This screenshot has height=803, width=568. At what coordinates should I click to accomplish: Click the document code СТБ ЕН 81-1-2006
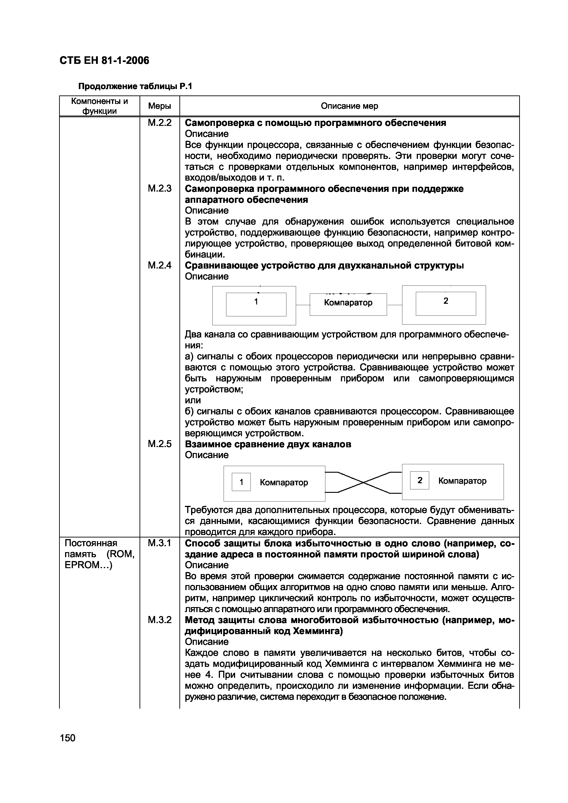pyautogui.click(x=104, y=60)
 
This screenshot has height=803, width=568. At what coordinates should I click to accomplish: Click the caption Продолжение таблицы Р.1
pyautogui.click(x=135, y=86)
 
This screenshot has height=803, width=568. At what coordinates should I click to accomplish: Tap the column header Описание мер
pyautogui.click(x=349, y=106)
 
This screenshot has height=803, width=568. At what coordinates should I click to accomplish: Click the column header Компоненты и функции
pyautogui.click(x=99, y=106)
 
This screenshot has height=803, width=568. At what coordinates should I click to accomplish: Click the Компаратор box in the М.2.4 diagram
pyautogui.click(x=348, y=303)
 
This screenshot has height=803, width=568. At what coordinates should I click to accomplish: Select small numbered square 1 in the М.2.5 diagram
pyautogui.click(x=241, y=482)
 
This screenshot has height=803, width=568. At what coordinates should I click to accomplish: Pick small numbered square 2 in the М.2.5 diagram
pyautogui.click(x=419, y=480)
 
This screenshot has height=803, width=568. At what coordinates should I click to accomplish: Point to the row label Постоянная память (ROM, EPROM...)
pyautogui.click(x=99, y=554)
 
